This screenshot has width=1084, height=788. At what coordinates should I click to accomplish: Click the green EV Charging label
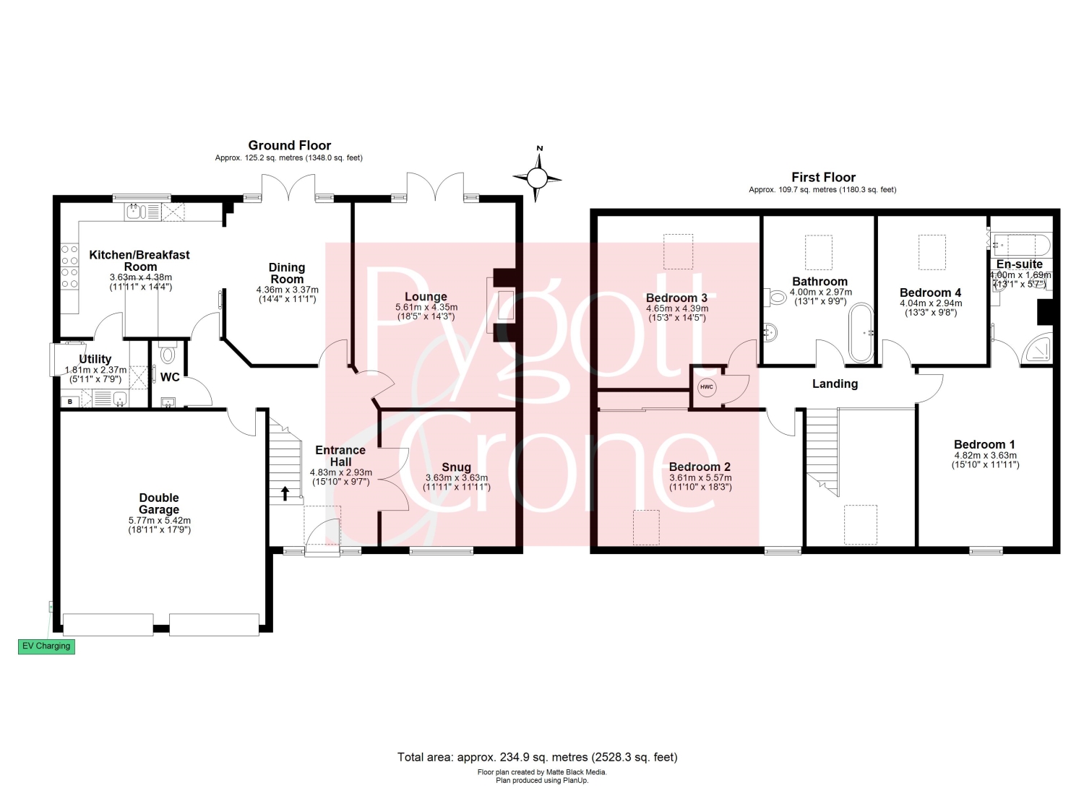point(46,646)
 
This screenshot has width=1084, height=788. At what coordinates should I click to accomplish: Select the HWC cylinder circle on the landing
point(707,387)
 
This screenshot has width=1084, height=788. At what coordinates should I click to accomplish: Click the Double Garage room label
point(159,503)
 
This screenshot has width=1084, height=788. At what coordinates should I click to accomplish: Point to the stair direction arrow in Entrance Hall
point(285,493)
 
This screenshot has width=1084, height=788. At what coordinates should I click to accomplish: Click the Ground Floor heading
point(289,145)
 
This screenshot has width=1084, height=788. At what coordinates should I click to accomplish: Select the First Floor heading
point(823,177)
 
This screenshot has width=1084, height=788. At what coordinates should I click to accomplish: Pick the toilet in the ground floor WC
point(168,353)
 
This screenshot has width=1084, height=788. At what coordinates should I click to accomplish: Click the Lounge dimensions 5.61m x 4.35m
point(426,307)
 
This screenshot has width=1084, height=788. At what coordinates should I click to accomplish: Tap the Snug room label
point(456,467)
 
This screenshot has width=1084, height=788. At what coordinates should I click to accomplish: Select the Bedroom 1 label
point(984,444)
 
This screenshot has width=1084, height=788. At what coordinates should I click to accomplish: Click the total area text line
point(537,757)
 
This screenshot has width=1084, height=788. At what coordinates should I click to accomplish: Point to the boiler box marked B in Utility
point(71,401)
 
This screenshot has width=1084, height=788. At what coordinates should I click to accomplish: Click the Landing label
point(835,384)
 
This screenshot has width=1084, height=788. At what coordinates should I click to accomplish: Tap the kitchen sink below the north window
point(136,212)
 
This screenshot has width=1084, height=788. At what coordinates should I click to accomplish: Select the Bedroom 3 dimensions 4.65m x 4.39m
point(677,308)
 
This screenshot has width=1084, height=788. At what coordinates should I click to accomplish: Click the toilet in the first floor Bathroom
point(775,297)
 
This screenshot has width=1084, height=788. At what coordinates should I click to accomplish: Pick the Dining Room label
point(287,273)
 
